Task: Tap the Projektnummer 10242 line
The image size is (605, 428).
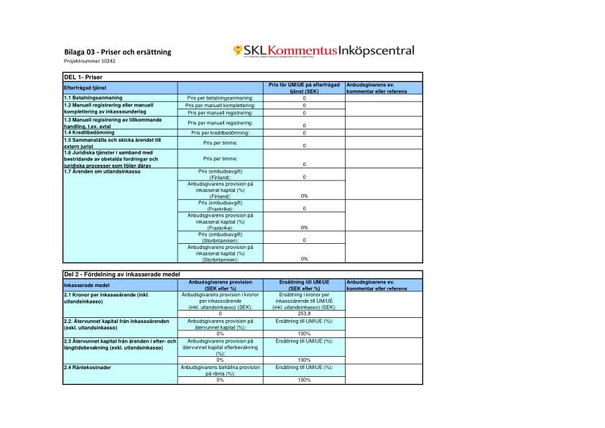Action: click(89, 61)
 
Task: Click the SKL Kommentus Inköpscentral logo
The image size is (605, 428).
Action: click(323, 50)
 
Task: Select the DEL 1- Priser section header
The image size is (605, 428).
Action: click(83, 76)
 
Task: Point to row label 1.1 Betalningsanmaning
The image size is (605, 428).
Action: click(93, 97)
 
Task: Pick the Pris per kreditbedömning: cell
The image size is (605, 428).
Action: click(220, 132)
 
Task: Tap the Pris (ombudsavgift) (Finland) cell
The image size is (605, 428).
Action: click(220, 174)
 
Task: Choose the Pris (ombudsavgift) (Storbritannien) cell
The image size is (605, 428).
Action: click(220, 237)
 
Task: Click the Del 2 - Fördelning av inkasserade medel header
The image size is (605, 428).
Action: click(121, 275)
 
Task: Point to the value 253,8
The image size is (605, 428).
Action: click(304, 314)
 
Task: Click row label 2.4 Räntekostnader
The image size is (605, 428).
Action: click(91, 368)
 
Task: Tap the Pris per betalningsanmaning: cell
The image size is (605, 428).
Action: click(220, 97)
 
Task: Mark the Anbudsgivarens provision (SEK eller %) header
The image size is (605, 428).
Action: click(220, 286)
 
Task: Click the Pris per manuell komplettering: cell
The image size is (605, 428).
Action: click(220, 105)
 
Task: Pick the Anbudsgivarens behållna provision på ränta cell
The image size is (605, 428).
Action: click(220, 370)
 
